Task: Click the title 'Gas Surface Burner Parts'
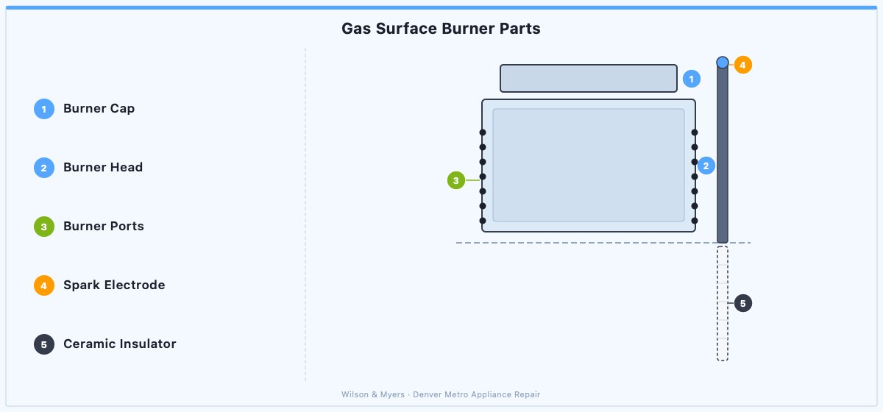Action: (441, 29)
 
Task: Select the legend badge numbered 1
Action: (43, 109)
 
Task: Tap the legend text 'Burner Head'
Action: (103, 167)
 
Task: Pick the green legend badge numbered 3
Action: (43, 227)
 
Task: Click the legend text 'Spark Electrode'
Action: (114, 285)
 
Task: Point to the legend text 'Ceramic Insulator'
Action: (119, 344)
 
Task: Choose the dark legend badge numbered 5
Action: (43, 344)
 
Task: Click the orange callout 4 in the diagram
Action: (742, 65)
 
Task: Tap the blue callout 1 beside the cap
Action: (692, 79)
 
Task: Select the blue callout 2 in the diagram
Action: (706, 166)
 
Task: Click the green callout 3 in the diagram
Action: (456, 180)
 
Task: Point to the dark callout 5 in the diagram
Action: (742, 303)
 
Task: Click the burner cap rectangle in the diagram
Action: (589, 79)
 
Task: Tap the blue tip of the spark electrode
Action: (723, 63)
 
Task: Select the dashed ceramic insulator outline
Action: (717, 304)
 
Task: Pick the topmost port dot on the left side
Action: (483, 132)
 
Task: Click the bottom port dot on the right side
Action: (695, 221)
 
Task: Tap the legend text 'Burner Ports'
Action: (104, 226)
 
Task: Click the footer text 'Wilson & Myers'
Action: (373, 394)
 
